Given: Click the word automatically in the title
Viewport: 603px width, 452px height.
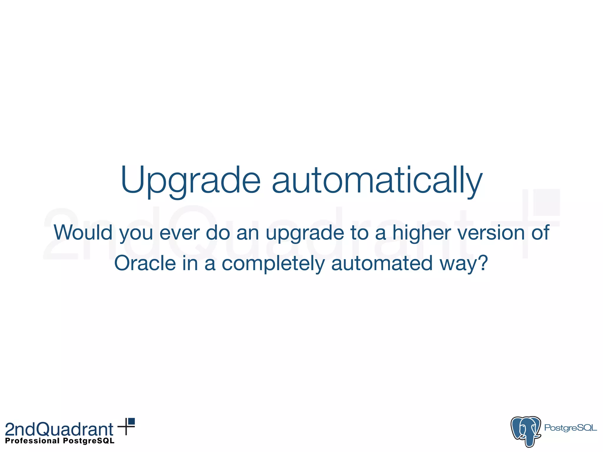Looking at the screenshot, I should (377, 180).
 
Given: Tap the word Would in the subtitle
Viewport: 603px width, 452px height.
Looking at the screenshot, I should (83, 232).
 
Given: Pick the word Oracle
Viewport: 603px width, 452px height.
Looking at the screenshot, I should (145, 263).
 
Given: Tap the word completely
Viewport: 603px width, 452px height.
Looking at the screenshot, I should (273, 263).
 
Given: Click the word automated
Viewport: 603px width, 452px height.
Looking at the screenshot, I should (382, 263).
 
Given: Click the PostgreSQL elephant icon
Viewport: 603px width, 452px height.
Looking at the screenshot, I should (526, 431).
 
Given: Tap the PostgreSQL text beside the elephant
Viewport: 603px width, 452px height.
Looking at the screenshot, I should (570, 428).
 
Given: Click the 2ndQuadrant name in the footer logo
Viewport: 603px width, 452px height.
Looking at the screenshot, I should (59, 429).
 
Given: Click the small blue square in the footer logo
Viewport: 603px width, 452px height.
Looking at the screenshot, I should (131, 421).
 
